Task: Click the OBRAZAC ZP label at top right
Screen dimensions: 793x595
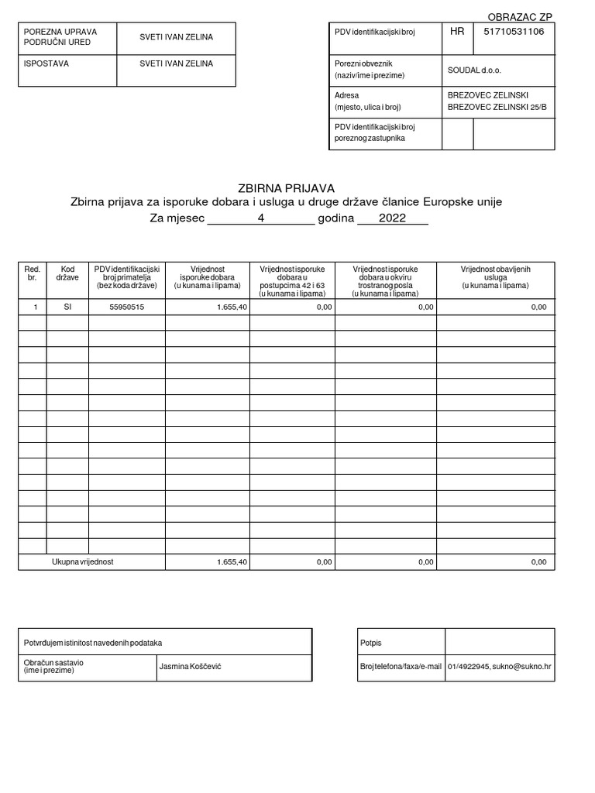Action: [x=521, y=17]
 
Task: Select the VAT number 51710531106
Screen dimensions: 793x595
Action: [x=514, y=32]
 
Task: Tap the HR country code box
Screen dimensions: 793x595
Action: [x=457, y=32]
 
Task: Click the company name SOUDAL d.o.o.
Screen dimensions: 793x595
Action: [x=474, y=70]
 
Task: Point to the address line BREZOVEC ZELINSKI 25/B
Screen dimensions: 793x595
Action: [x=497, y=107]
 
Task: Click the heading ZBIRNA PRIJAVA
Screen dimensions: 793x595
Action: [x=286, y=188]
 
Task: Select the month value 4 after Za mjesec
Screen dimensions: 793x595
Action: [x=261, y=218]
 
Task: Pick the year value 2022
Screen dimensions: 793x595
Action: [x=392, y=218]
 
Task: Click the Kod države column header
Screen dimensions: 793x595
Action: [x=67, y=273]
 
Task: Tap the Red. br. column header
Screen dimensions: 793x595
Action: [x=32, y=273]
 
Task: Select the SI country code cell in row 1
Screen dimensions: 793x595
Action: [x=67, y=307]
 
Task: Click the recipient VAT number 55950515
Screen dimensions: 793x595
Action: [x=126, y=307]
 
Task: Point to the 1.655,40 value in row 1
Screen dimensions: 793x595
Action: [x=232, y=307]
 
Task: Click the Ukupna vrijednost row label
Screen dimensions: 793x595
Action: [x=82, y=562]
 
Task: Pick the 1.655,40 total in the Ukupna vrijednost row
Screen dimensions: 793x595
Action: [x=232, y=562]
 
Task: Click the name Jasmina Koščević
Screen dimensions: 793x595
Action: [x=190, y=666]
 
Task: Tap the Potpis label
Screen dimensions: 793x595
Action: [x=371, y=643]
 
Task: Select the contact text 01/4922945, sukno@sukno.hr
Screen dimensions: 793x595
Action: [x=499, y=666]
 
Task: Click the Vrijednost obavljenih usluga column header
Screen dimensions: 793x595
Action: [x=495, y=276]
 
